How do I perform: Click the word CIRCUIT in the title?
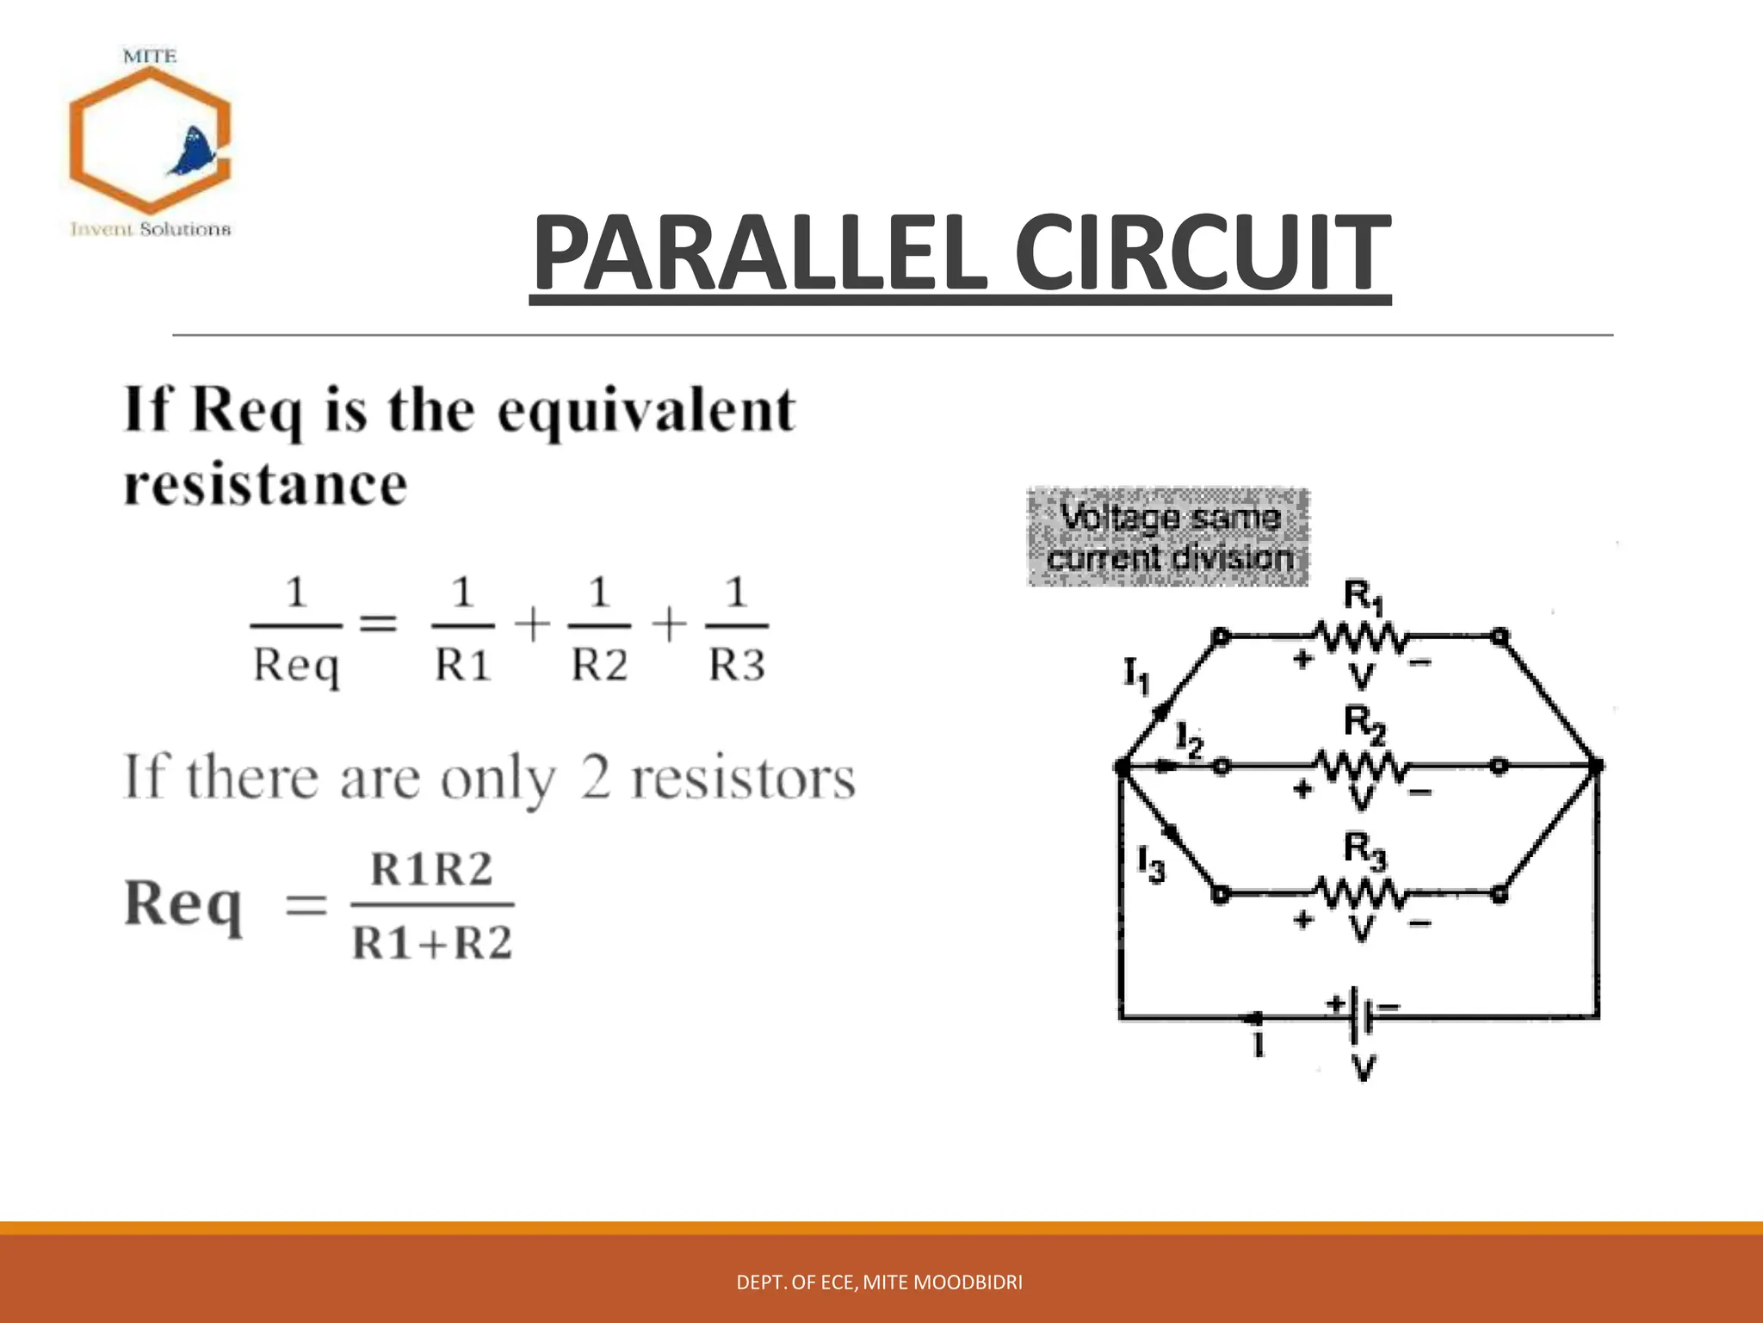(x=1202, y=253)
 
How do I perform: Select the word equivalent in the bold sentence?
(x=646, y=412)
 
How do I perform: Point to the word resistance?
(x=265, y=485)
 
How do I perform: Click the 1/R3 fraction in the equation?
(x=737, y=628)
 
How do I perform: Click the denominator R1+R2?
(x=432, y=943)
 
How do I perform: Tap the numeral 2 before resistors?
(x=596, y=777)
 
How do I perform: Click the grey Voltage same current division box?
(x=1168, y=537)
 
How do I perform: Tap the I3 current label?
(x=1150, y=863)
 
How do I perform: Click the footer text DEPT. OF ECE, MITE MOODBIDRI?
(x=880, y=1283)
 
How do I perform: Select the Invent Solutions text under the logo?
(x=151, y=229)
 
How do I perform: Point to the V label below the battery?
(x=1363, y=1069)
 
